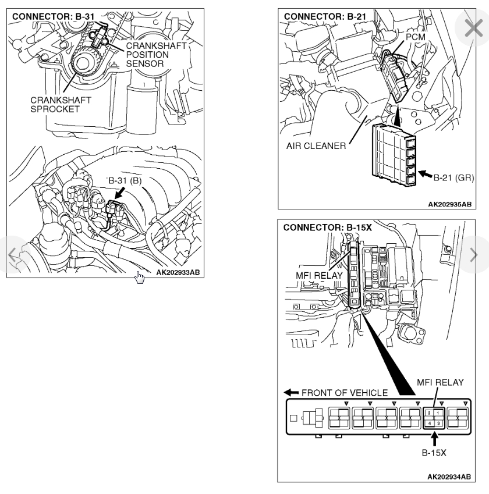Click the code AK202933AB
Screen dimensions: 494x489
178,272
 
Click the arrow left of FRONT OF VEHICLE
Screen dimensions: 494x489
289,392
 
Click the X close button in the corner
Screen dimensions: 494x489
474,28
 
